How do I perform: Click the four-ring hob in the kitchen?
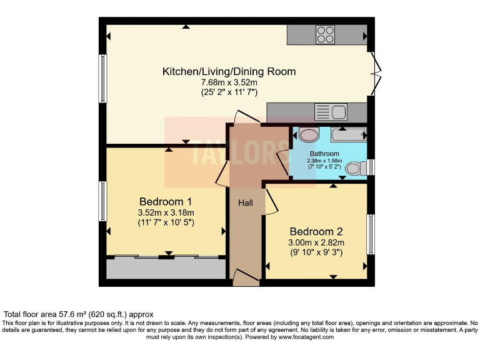pyautogui.click(x=325, y=35)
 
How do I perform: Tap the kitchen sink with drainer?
pyautogui.click(x=331, y=112)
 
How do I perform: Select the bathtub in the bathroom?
pyautogui.click(x=349, y=135)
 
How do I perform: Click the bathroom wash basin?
pyautogui.click(x=309, y=134)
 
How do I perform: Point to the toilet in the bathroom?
pyautogui.click(x=356, y=168)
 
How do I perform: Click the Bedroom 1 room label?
pyautogui.click(x=166, y=202)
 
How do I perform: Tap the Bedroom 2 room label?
pyautogui.click(x=316, y=231)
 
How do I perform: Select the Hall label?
pyautogui.click(x=246, y=202)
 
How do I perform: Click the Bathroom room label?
pyautogui.click(x=324, y=154)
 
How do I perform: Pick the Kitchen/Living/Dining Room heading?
pyautogui.click(x=229, y=71)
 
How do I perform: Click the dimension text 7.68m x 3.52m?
pyautogui.click(x=229, y=82)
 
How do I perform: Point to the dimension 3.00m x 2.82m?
pyautogui.click(x=316, y=242)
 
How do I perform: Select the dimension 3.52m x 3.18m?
pyautogui.click(x=166, y=212)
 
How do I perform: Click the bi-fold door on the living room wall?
pyautogui.click(x=376, y=74)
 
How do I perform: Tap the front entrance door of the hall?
pyautogui.click(x=246, y=277)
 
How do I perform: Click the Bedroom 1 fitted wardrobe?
pyautogui.click(x=166, y=268)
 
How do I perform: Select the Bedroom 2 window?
pyautogui.click(x=371, y=234)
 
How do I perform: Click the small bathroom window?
pyautogui.click(x=371, y=167)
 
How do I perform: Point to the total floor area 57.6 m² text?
pyautogui.click(x=78, y=314)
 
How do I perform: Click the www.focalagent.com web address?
pyautogui.click(x=306, y=337)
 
